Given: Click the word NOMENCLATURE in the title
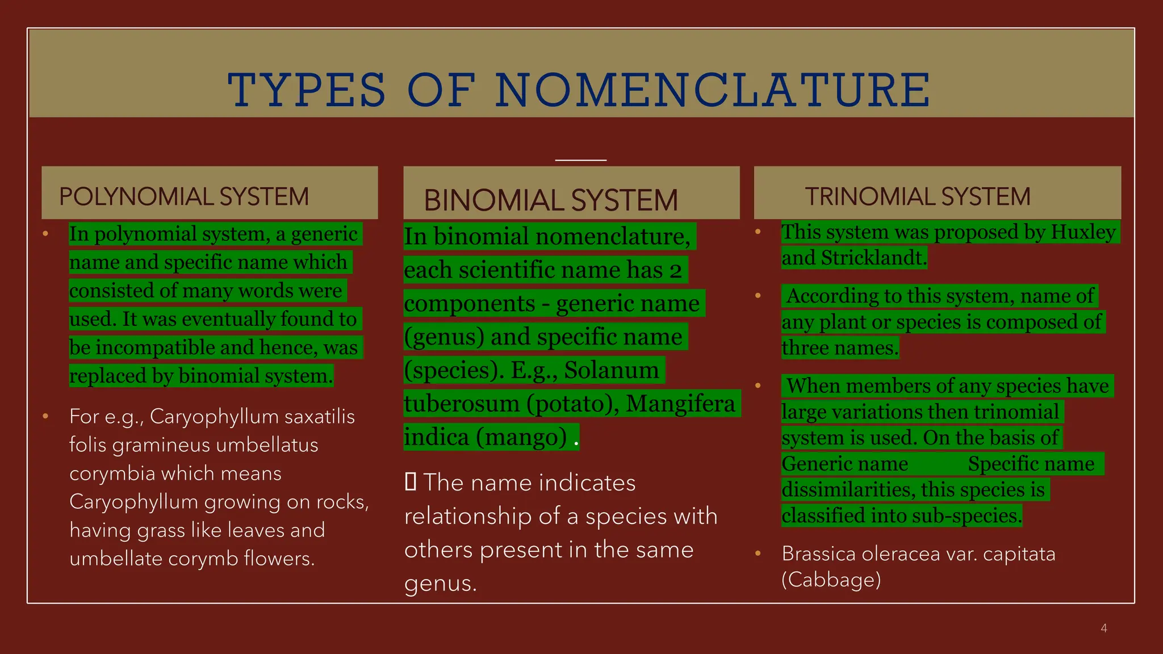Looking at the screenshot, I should point(713,90).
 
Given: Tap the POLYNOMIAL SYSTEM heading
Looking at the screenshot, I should point(184,197).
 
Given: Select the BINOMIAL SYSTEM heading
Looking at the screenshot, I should point(551,200).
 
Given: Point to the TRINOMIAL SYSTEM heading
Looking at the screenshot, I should point(918,197).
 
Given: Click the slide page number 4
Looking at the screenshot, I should point(1104,628).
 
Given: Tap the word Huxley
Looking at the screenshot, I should point(1083,232).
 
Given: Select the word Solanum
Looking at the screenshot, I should point(612,370).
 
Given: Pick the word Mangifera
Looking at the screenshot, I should point(680,404).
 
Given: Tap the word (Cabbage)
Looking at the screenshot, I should point(831,580).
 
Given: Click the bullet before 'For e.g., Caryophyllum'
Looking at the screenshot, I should point(45,417).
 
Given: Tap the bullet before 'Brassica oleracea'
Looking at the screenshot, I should point(758,554).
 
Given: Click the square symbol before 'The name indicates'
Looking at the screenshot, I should point(411,482).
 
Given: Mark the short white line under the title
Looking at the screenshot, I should point(581,160).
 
